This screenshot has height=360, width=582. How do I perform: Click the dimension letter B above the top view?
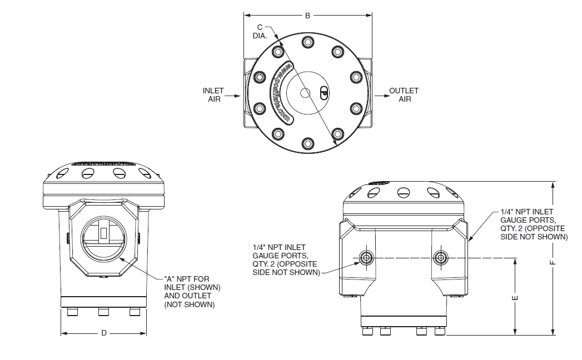coord(307,16)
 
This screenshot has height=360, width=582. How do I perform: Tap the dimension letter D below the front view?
coord(103,333)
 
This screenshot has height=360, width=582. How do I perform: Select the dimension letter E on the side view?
coord(515,298)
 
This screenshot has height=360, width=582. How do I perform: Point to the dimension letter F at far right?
coord(553,262)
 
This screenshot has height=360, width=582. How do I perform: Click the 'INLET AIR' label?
coord(213,95)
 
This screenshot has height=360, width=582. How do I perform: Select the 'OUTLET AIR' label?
coord(404,95)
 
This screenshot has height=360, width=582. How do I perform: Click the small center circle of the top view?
coord(305,93)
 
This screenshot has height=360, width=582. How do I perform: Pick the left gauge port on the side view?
coord(366,257)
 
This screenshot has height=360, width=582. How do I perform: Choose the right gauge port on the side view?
coord(441,257)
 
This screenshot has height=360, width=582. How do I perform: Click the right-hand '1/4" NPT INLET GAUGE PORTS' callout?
coord(533,224)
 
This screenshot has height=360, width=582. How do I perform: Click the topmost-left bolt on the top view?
coord(278,52)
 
